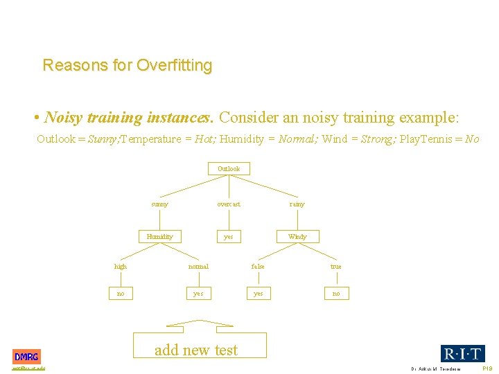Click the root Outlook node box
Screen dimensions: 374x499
[x=229, y=169]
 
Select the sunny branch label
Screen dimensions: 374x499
[x=159, y=204]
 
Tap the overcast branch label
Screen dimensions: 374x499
[x=229, y=204]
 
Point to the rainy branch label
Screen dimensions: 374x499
[x=297, y=204]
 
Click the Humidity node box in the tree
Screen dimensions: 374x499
[x=159, y=237]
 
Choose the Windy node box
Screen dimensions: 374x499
[x=297, y=237]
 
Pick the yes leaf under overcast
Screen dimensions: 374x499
[x=228, y=237]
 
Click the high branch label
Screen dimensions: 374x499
[x=121, y=267]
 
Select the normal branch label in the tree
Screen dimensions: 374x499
[x=198, y=267]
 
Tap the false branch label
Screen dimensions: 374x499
[x=258, y=267]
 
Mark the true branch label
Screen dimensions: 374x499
[x=336, y=267]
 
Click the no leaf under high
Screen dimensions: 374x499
[x=121, y=294]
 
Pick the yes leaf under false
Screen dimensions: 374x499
[x=258, y=294]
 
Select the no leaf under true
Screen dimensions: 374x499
[x=336, y=294]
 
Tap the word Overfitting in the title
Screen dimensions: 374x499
[x=175, y=66]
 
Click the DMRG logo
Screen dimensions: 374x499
[x=27, y=357]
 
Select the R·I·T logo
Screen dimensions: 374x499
[x=462, y=353]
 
